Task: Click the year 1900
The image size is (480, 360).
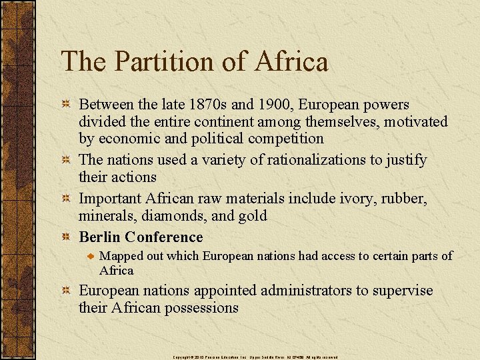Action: [x=274, y=105]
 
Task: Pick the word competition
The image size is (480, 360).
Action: [x=285, y=139]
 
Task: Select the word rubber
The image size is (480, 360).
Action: [x=399, y=199]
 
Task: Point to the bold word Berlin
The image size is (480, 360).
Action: [x=99, y=237]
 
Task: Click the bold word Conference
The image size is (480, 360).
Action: [x=164, y=237]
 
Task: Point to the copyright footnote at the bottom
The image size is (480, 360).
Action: [x=255, y=357]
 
